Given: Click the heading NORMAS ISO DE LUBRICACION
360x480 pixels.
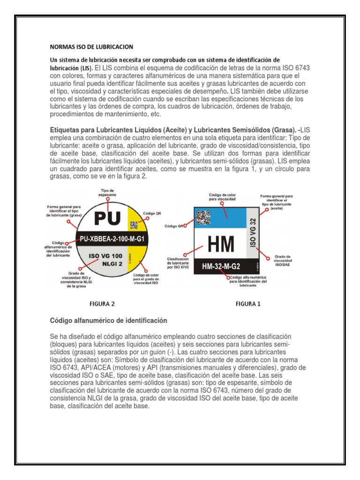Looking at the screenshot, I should click(x=91, y=47).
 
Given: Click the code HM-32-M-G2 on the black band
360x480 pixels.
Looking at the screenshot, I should click(x=221, y=267).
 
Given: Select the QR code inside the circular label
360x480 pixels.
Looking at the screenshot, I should click(x=134, y=224).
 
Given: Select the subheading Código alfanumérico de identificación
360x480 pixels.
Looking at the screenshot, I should click(x=108, y=321).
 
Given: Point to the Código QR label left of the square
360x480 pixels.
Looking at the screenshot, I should click(x=173, y=226).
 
